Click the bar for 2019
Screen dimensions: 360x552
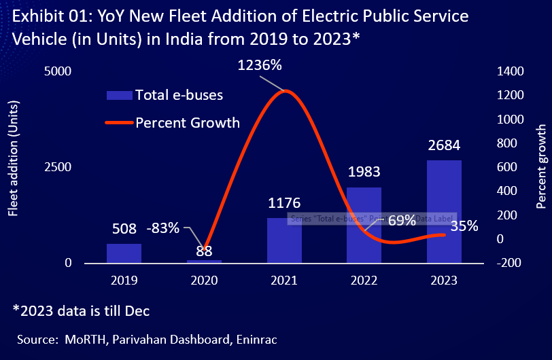point(124,253)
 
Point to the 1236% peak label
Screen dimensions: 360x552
point(259,66)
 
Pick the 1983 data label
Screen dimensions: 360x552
point(364,172)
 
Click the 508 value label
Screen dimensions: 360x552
point(124,228)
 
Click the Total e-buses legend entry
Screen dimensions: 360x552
point(178,94)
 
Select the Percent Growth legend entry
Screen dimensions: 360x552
point(187,123)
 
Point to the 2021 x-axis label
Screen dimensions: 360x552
point(283,281)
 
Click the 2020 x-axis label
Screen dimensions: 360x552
point(204,281)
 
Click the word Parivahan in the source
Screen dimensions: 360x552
point(136,338)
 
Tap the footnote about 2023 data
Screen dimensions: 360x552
point(81,310)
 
